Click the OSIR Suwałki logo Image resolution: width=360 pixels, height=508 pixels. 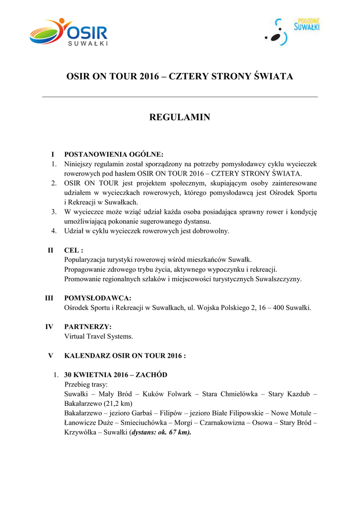[x=69, y=32]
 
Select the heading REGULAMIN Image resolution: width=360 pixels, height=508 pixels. [x=180, y=118]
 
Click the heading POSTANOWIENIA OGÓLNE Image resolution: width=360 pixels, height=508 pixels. [x=114, y=154]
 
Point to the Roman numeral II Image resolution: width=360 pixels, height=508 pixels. [x=51, y=250]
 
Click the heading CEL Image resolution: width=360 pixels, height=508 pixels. [x=73, y=250]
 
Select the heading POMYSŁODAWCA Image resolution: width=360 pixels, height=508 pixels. [x=98, y=298]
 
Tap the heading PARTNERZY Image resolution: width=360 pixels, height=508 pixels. [x=88, y=327]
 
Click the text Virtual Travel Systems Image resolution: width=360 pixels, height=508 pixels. [x=99, y=336]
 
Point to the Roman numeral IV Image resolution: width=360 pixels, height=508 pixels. [x=50, y=327]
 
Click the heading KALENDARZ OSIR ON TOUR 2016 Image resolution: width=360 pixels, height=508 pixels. [x=125, y=356]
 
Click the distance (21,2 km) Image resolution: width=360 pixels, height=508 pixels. [x=121, y=403]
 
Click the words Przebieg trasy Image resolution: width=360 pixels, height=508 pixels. [x=86, y=384]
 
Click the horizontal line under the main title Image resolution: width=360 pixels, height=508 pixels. [x=180, y=97]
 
